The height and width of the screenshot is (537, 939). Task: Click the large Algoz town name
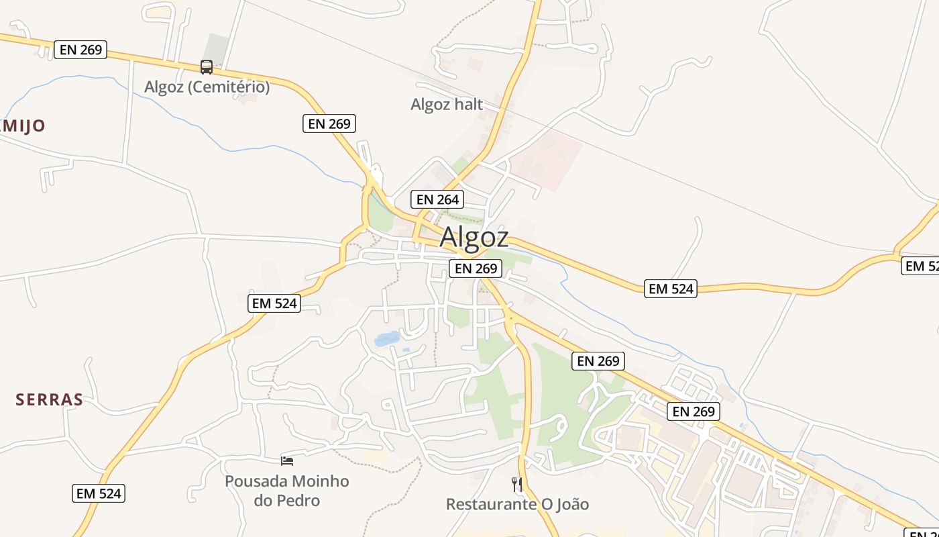[474, 238]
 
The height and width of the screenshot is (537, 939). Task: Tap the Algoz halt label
[447, 104]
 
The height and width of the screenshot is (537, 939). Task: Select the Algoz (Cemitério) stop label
[207, 87]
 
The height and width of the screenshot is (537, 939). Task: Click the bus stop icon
[207, 67]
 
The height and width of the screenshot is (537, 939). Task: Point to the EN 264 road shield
[437, 199]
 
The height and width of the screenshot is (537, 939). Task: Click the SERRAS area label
[50, 400]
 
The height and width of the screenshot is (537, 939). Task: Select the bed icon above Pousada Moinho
[287, 460]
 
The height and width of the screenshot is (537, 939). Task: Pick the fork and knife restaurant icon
[517, 484]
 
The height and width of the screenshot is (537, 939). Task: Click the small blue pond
[387, 339]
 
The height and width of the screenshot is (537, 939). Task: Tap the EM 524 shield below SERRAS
[99, 493]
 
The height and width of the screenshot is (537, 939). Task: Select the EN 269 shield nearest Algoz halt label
[329, 124]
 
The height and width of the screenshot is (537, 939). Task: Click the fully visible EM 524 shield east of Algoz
[671, 289]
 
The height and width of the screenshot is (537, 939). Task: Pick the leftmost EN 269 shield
[80, 50]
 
